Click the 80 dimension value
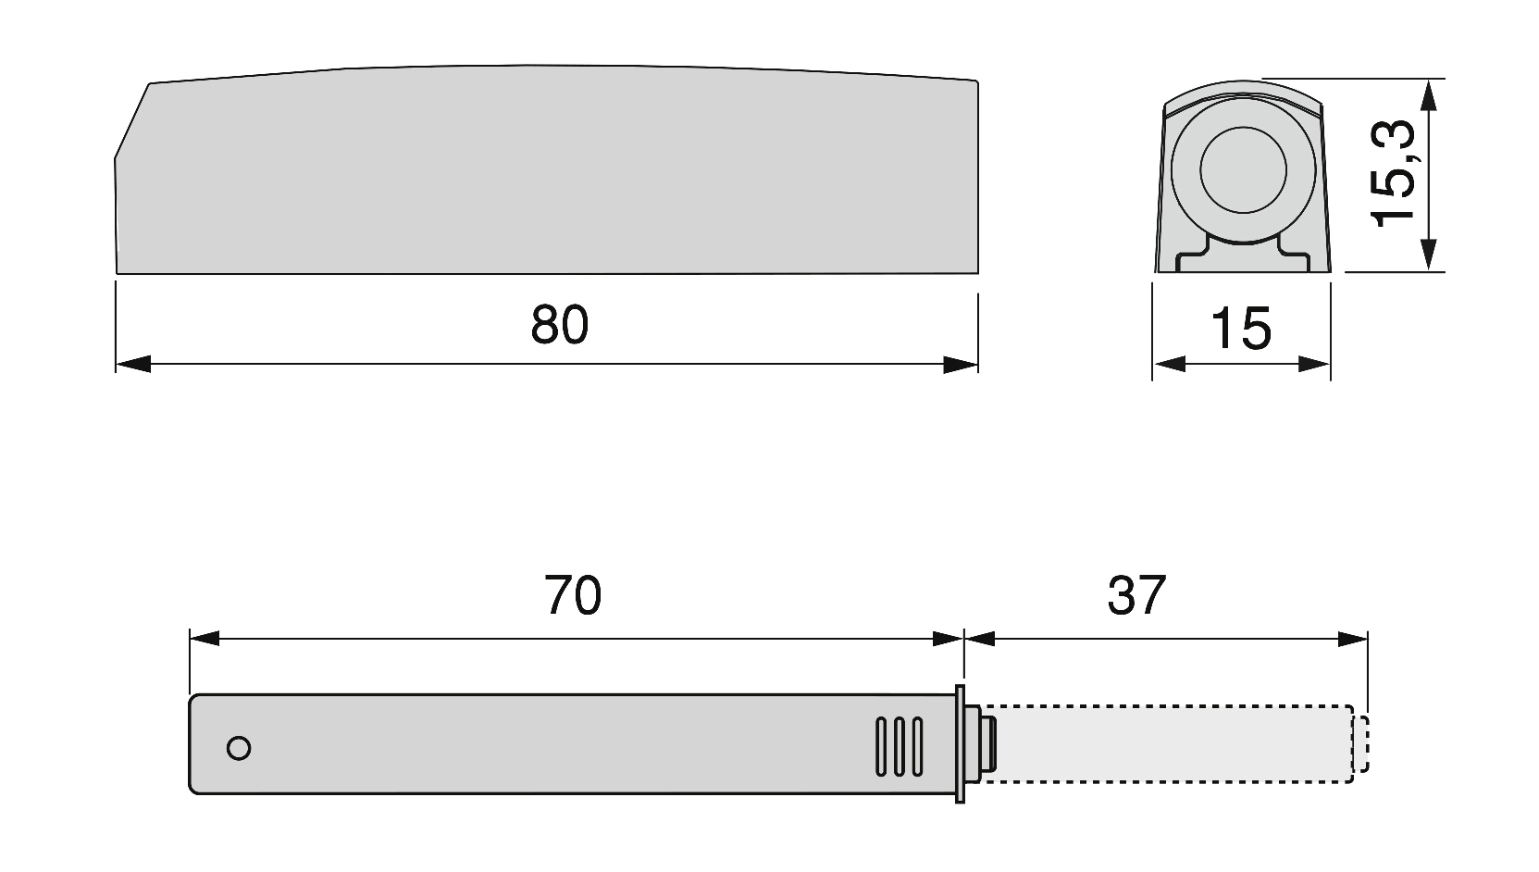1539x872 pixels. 560,325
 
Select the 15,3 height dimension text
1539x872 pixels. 1393,172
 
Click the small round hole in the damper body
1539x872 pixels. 239,748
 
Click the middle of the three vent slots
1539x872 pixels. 899,746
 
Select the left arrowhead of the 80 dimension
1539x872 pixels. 133,365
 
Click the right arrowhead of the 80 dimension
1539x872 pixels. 961,365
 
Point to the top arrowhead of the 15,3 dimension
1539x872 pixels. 1429,95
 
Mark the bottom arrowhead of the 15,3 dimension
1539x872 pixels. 1429,255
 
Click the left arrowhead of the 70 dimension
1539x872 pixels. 205,639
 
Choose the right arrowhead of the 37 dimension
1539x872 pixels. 1352,639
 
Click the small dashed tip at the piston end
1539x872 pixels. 1360,744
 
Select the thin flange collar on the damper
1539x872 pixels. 960,744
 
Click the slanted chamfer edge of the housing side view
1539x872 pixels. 132,120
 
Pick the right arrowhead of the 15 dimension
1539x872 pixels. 1314,365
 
